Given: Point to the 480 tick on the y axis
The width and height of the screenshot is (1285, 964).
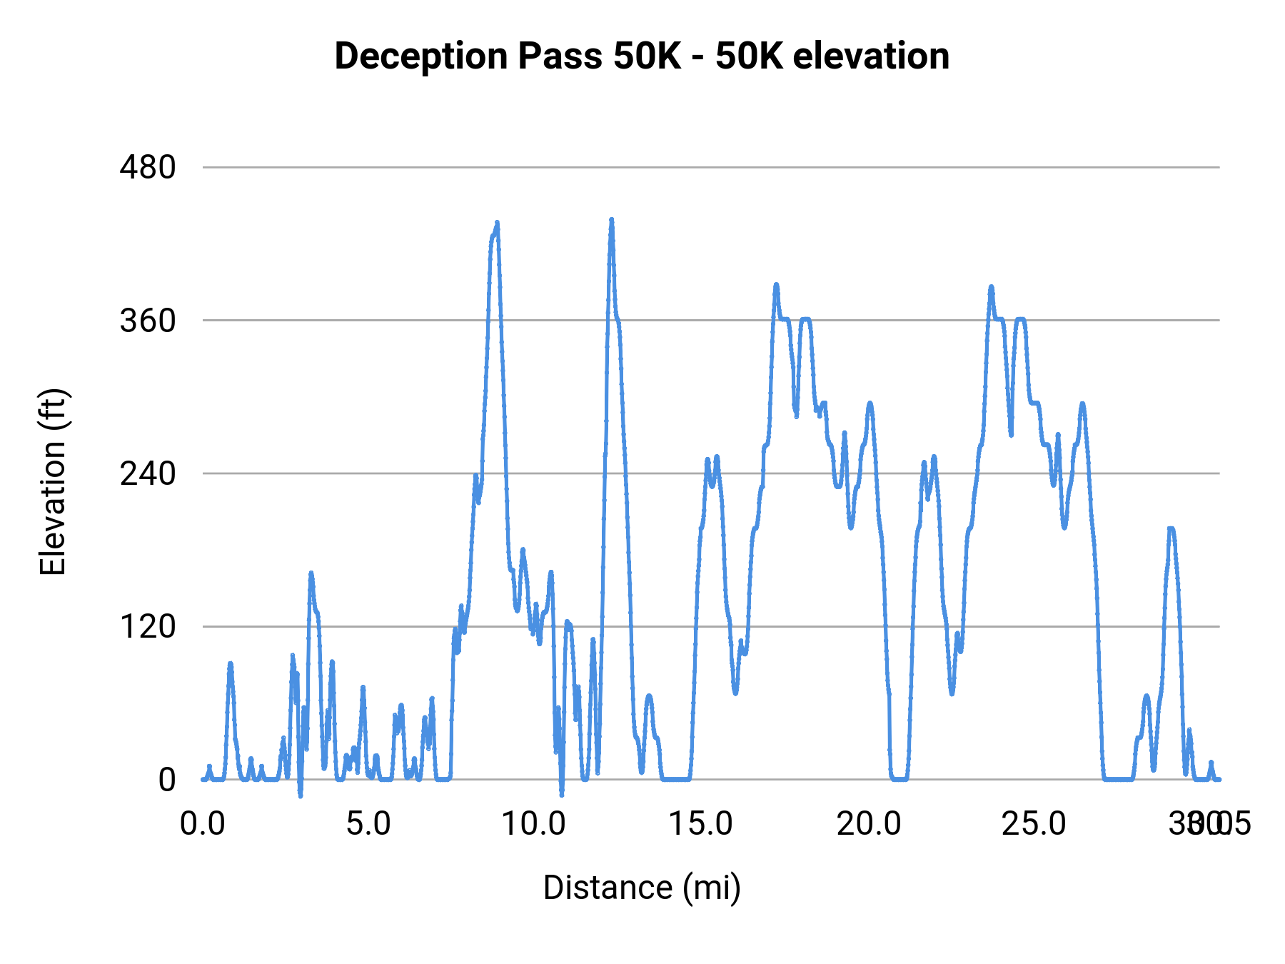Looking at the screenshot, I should click(x=148, y=168).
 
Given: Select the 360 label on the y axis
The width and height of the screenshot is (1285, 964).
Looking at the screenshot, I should click(x=148, y=321).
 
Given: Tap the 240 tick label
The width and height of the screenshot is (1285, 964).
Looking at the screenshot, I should click(x=148, y=473).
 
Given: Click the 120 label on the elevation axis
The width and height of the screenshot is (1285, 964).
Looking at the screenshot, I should click(x=148, y=626).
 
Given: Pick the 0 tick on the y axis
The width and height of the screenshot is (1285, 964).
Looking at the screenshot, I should click(x=166, y=780).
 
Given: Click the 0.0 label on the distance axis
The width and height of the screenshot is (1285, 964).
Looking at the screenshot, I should click(x=203, y=824).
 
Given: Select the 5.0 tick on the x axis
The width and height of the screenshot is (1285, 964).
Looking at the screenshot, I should click(x=368, y=824).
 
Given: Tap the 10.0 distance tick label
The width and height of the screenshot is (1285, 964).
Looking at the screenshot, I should click(x=534, y=824).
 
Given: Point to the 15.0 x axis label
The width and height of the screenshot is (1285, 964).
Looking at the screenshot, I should click(x=700, y=824).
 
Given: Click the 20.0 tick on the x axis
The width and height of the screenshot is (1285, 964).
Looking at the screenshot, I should click(x=869, y=824).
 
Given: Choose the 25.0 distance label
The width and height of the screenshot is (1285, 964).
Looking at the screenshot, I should click(x=1034, y=824).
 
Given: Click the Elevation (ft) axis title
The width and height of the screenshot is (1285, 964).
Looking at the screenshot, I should click(x=53, y=482).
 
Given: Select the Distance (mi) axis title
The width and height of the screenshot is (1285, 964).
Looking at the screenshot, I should click(x=642, y=888).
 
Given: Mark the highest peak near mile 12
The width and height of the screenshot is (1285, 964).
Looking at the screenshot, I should click(x=611, y=221).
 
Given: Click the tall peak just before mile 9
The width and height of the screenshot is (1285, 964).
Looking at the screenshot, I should click(x=497, y=224).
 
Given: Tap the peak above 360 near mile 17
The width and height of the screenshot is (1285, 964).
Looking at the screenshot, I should click(x=776, y=285).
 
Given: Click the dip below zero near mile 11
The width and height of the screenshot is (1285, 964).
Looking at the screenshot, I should click(x=562, y=793).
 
